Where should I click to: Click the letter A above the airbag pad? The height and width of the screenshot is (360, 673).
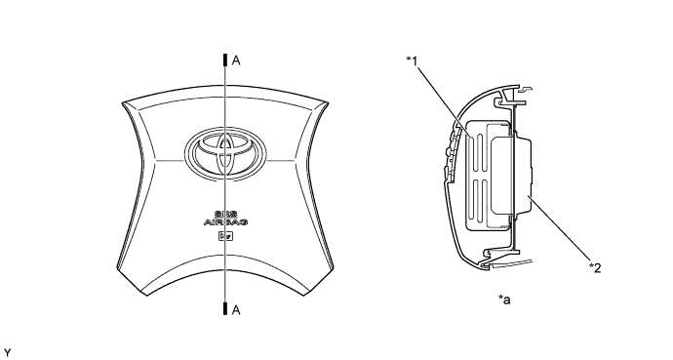pos(236,60)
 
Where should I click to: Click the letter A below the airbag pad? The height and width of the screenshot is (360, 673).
pos(236,310)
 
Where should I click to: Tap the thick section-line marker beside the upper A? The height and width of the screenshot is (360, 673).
pos(225,60)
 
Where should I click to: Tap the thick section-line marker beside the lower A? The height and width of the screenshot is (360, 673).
pos(225,308)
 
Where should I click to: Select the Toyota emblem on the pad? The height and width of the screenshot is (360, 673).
pos(225,153)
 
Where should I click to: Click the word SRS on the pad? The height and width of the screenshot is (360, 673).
pos(225,214)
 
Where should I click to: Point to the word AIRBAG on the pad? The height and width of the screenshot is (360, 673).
pos(225,222)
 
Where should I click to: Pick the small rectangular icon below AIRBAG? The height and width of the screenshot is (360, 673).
pos(225,236)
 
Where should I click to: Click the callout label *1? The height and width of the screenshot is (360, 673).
pos(412,61)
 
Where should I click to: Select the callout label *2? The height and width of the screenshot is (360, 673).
pos(595,267)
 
